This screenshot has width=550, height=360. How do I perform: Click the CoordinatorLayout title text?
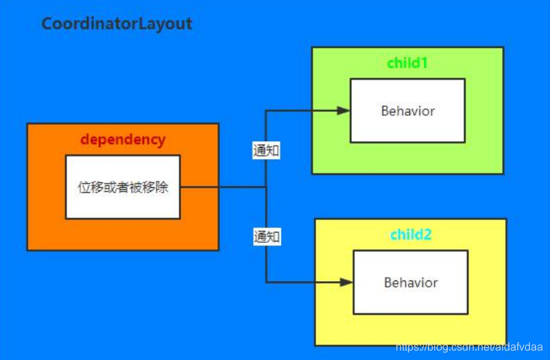pos(117,23)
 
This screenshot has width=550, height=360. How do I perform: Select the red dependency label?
pos(123,139)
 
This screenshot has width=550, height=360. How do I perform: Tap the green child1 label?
pos(407,63)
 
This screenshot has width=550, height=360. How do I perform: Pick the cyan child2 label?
pos(411,235)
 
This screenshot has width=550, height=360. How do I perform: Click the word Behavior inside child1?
pos(408,110)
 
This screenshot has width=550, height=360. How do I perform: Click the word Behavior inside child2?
pos(411,282)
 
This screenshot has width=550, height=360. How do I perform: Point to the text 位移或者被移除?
pos(123,187)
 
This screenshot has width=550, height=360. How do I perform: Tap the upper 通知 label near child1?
pos(266,151)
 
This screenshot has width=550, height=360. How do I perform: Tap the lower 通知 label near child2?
pos(266,237)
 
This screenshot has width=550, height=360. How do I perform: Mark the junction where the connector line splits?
pos(266,187)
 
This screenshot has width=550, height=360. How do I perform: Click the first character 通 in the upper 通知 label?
pos(260,151)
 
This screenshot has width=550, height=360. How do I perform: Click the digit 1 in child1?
pos(425,63)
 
